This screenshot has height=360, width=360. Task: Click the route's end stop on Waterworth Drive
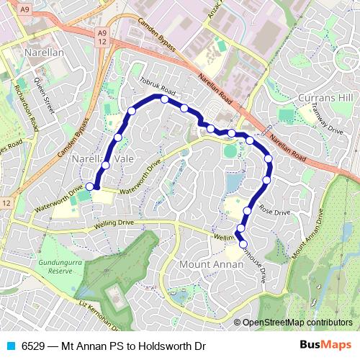point(90,186)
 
